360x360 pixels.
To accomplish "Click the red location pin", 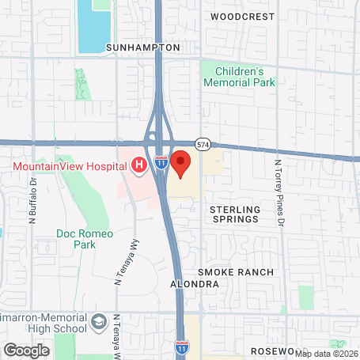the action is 181,163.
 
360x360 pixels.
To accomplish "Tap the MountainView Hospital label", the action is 70,166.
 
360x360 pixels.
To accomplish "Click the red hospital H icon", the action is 139,165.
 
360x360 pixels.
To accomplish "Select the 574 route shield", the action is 204,144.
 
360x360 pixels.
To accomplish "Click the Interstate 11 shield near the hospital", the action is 161,163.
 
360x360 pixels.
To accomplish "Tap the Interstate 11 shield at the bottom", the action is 182,347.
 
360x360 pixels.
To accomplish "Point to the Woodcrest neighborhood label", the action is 243,16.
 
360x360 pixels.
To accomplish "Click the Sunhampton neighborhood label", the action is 143,47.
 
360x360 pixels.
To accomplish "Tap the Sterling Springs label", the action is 234,214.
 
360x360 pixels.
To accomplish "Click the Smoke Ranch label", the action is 236,272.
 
